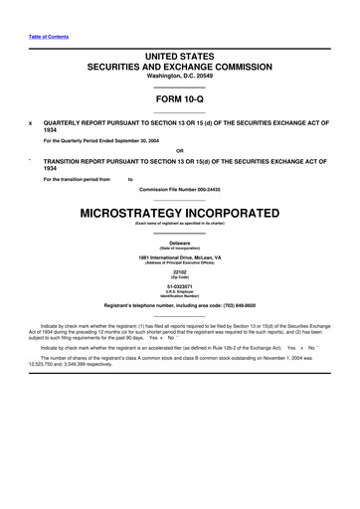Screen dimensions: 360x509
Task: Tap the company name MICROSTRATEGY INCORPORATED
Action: coord(180,214)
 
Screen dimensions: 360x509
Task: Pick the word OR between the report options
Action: coord(180,151)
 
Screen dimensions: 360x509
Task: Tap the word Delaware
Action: coord(180,243)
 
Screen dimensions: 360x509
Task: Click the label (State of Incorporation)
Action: coord(180,249)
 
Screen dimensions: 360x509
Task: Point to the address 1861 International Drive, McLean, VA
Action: coord(180,257)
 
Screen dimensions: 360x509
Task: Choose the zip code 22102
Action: coord(180,271)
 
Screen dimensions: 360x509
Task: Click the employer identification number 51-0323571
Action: coord(180,285)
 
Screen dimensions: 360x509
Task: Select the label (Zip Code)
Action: coord(180,277)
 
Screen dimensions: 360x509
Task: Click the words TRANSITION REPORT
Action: coord(74,161)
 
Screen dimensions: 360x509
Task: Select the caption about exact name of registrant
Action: coord(180,226)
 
